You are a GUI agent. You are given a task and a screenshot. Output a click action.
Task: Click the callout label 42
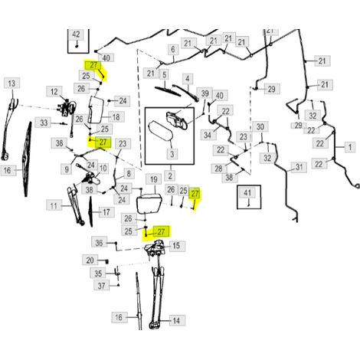pos(76,34)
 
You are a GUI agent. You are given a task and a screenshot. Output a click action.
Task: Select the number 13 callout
pos(11,83)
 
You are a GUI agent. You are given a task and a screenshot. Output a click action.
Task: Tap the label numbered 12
pos(54,91)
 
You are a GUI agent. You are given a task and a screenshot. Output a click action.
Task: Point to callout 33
pos(44,123)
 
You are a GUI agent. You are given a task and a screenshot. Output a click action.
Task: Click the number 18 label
pos(116,117)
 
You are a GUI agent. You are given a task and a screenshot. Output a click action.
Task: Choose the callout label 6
pos(173,50)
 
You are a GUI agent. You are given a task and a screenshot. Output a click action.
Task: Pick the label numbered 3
pos(172,154)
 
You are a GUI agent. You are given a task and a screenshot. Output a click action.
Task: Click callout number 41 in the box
pos(247,193)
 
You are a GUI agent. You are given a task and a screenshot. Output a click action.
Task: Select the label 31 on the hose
pos(299,167)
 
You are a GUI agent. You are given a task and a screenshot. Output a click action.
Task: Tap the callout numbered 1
pos(350,147)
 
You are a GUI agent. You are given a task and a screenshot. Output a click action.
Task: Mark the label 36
pos(99,243)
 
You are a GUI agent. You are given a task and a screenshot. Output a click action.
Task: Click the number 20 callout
pos(90,260)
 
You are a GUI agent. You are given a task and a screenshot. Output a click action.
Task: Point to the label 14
pos(176,320)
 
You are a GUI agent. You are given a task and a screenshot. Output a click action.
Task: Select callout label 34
pos(208,135)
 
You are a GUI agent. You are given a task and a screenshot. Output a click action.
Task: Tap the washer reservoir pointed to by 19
pos(149,204)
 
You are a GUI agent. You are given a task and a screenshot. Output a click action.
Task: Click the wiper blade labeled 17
pos(90,212)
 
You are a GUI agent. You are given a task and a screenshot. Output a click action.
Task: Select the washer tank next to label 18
pos(96,110)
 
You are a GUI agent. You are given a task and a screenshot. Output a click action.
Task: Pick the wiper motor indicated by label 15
pos(155,247)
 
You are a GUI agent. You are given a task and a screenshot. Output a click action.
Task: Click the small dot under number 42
pos(77,46)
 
